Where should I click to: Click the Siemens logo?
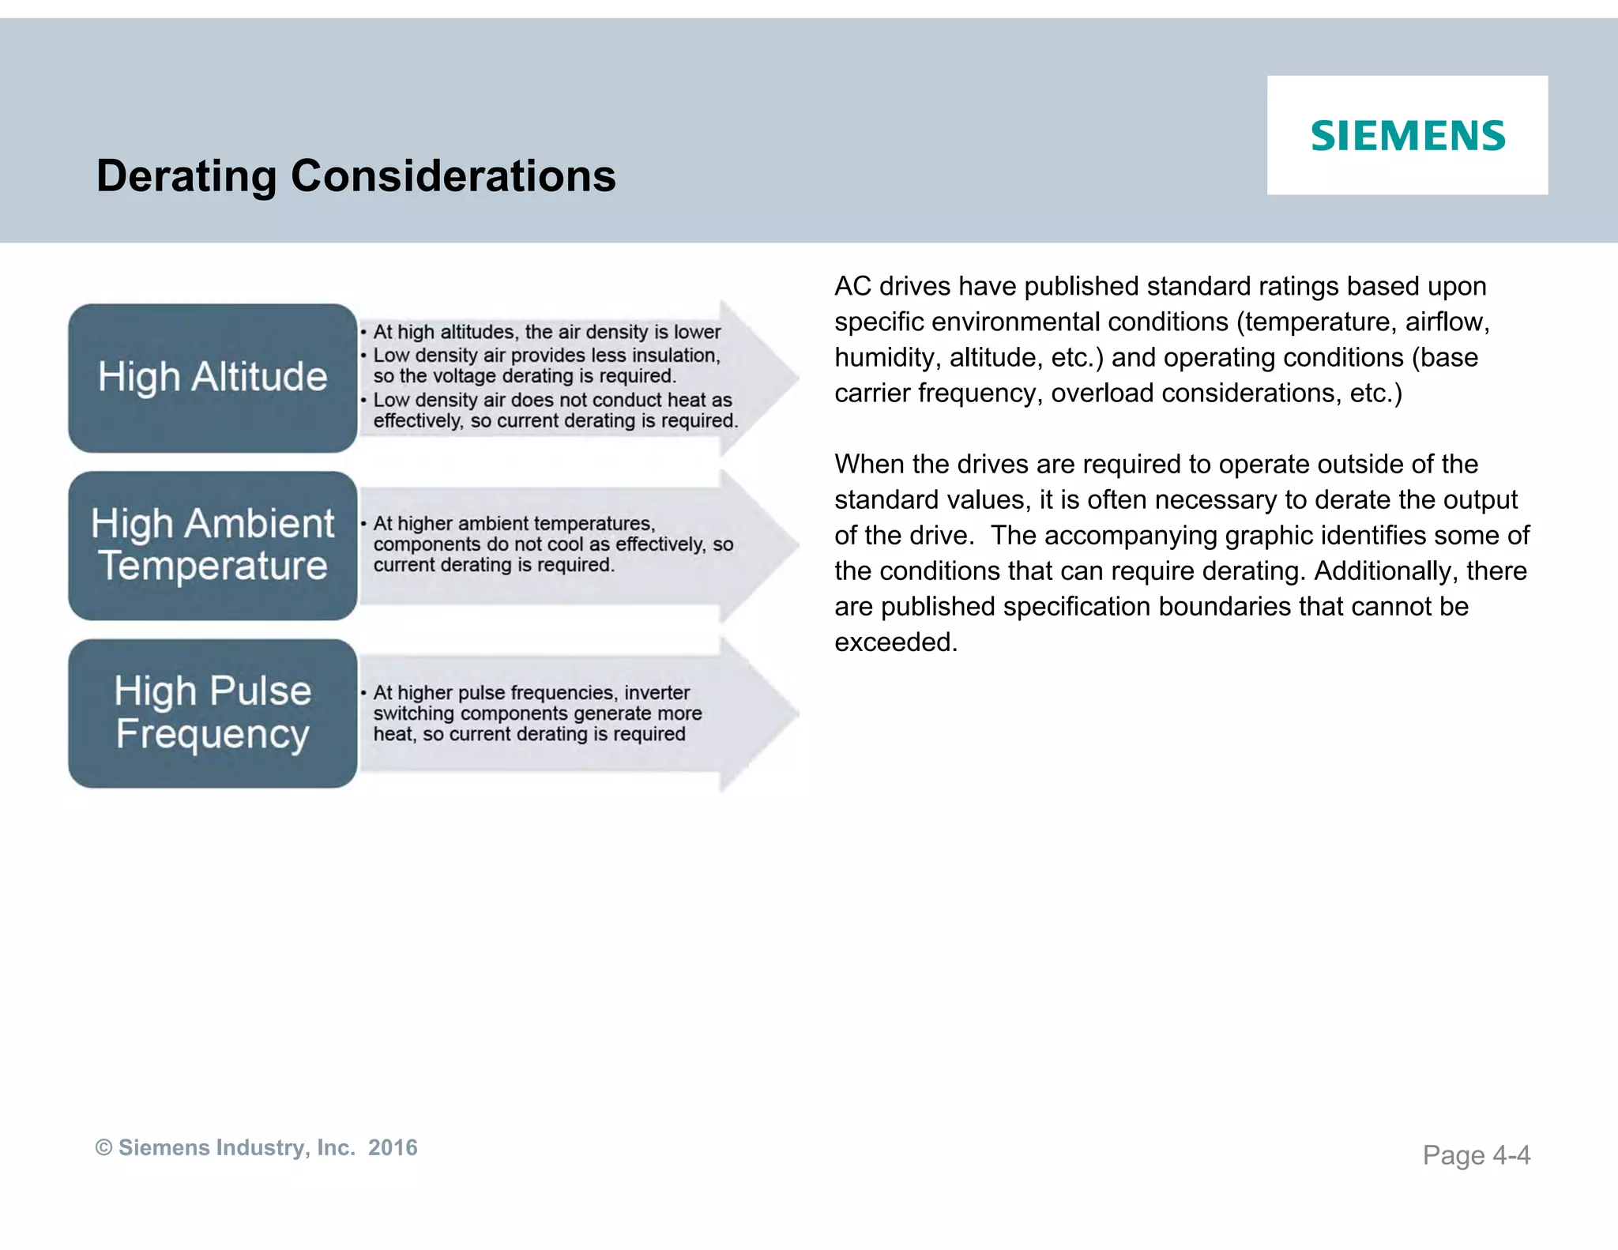click(1408, 136)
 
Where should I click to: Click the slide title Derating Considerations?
click(356, 175)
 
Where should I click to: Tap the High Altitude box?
click(213, 377)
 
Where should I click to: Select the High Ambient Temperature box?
click(213, 545)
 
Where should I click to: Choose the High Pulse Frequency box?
click(213, 713)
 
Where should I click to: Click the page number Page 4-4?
click(1476, 1155)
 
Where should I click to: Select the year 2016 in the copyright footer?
click(393, 1147)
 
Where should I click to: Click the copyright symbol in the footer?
click(103, 1147)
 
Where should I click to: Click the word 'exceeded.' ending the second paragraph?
click(896, 642)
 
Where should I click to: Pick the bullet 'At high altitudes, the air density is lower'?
click(547, 332)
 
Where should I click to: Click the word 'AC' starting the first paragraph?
click(852, 286)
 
